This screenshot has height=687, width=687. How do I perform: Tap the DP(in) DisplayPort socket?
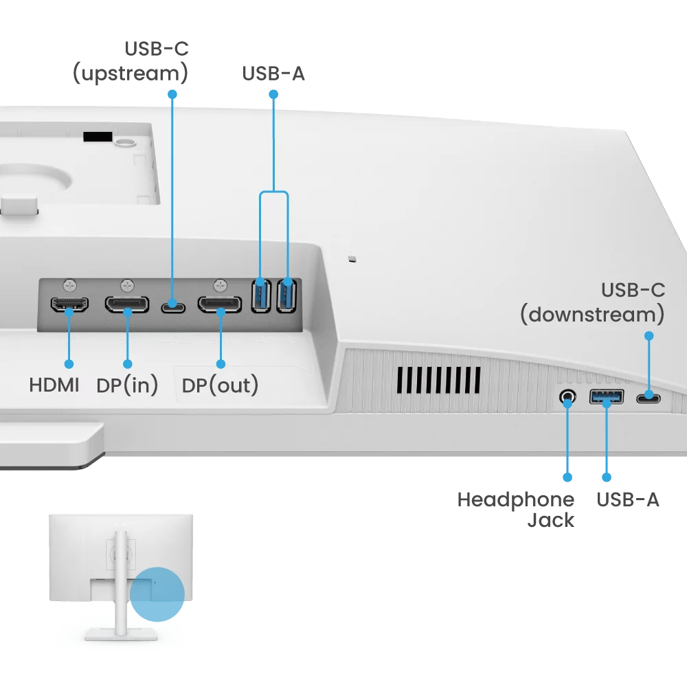[x=126, y=304]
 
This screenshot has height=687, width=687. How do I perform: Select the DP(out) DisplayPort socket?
[x=220, y=304]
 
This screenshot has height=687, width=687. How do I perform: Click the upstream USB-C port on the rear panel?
[x=172, y=306]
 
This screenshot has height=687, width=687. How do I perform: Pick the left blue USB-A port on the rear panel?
[x=261, y=295]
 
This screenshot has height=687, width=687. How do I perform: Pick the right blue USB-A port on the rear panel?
[x=286, y=295]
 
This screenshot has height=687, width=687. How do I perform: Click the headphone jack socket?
[x=567, y=396]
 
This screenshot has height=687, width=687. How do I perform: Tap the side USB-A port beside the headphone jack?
[x=606, y=396]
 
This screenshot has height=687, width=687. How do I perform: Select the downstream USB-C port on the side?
[x=648, y=398]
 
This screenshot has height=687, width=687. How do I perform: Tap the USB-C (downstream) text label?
[x=592, y=302]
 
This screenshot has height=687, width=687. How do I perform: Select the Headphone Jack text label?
[x=515, y=510]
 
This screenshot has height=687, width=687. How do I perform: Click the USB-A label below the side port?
[x=627, y=499]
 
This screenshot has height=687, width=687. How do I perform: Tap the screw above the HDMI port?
[x=68, y=284]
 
